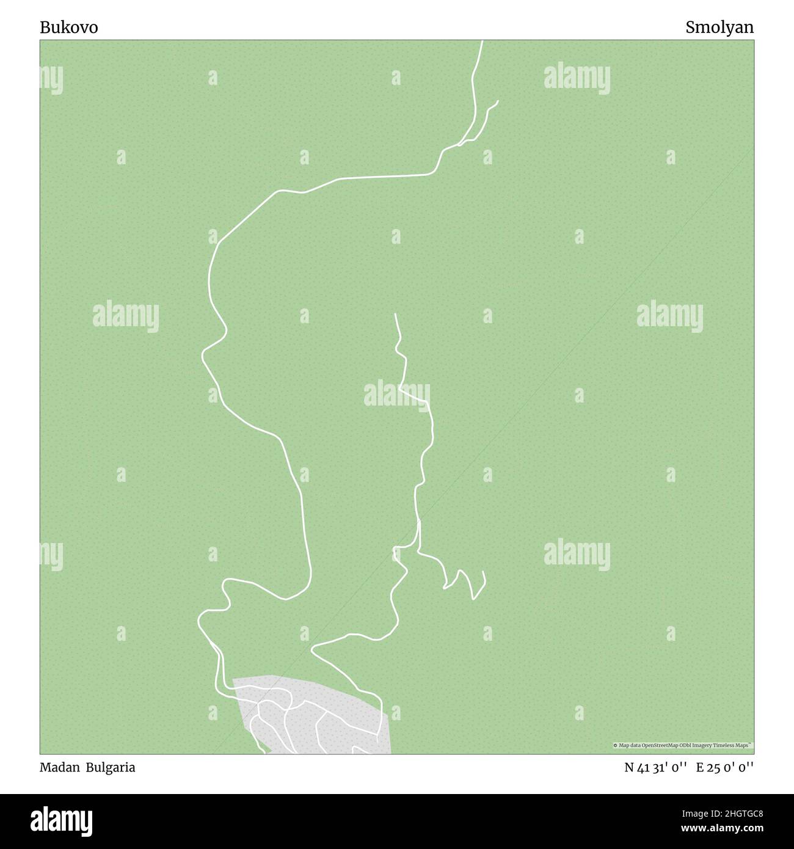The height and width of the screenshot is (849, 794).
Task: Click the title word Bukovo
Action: coord(69,27)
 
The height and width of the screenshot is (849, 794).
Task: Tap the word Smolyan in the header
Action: coord(719,27)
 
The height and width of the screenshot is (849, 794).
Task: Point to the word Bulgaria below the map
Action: coord(111,767)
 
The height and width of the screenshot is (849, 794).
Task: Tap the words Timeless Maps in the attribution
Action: coord(736,746)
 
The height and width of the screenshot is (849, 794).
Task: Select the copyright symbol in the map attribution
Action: coord(616,746)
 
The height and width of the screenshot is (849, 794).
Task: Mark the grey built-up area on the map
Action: coord(342,721)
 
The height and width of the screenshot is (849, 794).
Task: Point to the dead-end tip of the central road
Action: coord(396,314)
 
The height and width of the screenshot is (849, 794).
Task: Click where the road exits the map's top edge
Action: coord(482,42)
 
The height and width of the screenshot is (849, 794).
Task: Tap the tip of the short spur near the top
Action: coord(498,101)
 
